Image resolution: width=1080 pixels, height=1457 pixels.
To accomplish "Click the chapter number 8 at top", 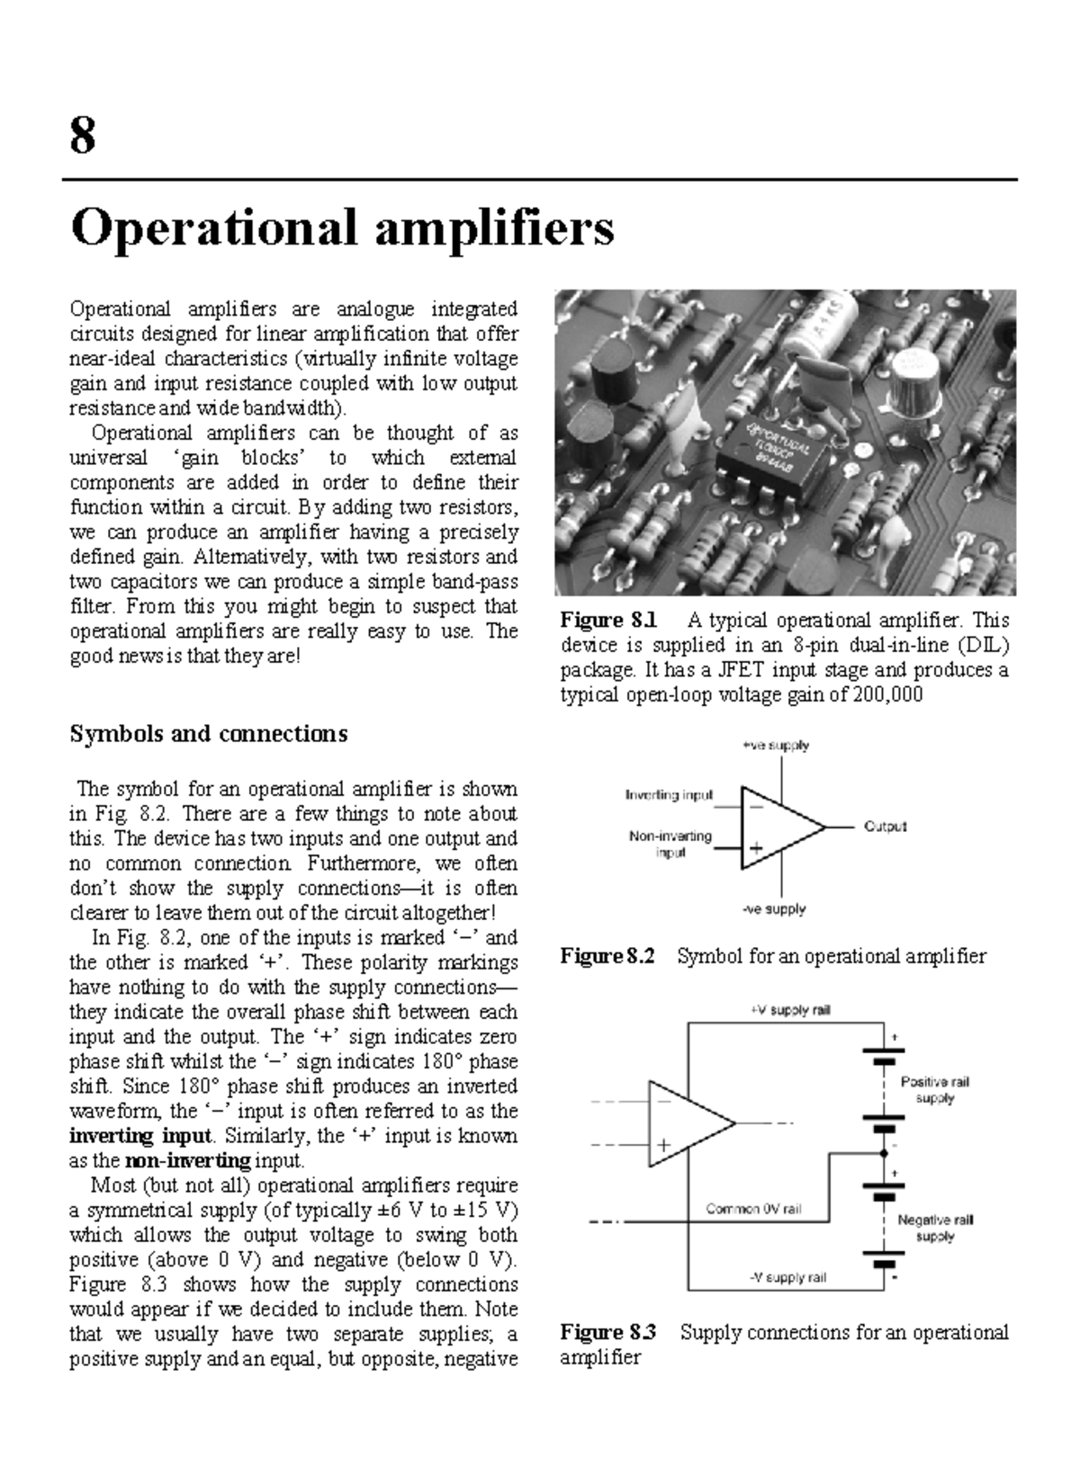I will [83, 137].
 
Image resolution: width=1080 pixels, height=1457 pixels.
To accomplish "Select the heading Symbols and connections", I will [208, 734].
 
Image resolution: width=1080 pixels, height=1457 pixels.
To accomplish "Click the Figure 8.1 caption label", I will [608, 621].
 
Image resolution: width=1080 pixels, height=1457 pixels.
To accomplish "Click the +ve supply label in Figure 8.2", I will [775, 746].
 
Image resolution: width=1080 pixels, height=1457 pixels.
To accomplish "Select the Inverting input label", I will [669, 795].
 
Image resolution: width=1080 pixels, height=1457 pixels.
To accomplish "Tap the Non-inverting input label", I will [670, 844].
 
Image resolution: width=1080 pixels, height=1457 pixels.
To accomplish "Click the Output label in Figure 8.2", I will [885, 826].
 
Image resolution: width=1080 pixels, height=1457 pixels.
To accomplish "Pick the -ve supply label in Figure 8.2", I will [774, 909].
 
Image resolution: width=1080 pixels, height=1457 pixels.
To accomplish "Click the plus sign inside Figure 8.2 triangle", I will [756, 847].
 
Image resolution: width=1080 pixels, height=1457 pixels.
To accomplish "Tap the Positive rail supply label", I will [935, 1090].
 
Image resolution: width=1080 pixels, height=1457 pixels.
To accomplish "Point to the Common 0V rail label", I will [753, 1210].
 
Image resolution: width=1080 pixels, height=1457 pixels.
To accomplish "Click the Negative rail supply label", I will [935, 1228].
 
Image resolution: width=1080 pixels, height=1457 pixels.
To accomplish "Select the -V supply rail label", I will [787, 1277].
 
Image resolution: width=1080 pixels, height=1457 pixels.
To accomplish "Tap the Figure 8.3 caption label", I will [607, 1332].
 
